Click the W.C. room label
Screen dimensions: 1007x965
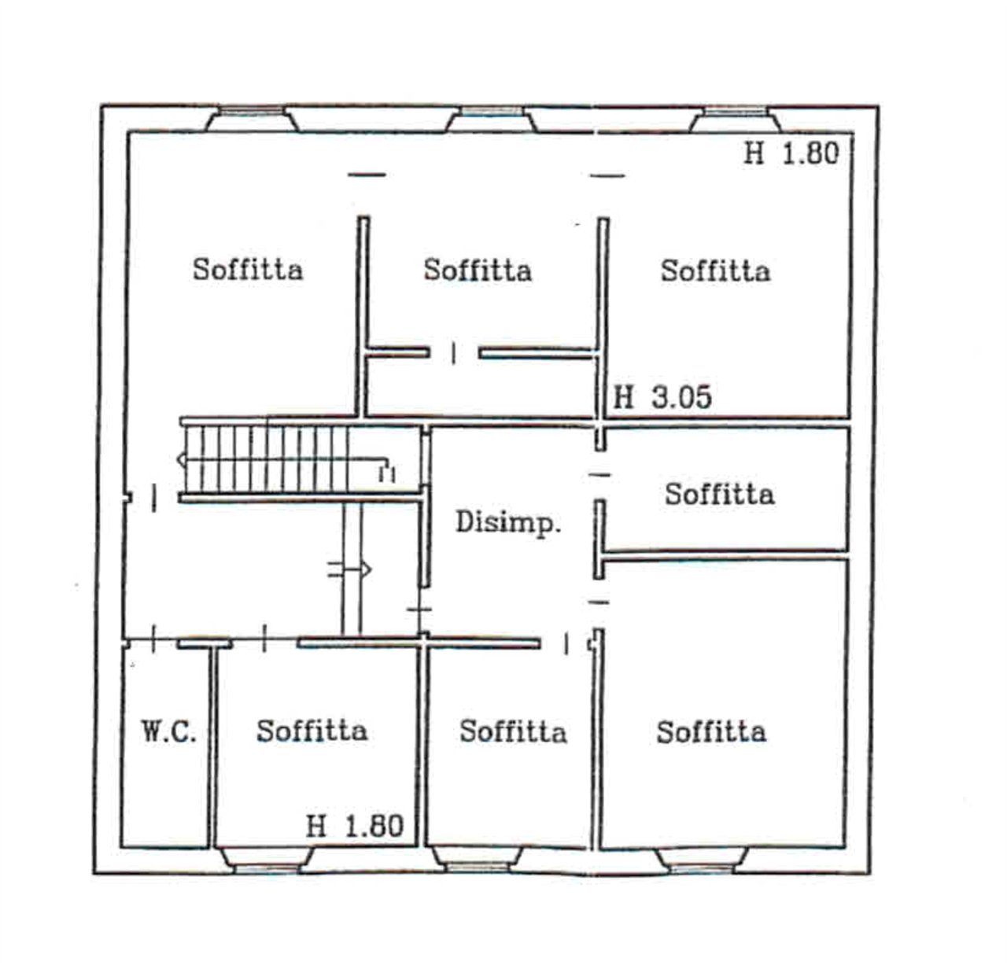click(x=168, y=731)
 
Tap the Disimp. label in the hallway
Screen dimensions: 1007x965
click(x=508, y=522)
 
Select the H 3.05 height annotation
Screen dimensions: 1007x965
click(x=662, y=397)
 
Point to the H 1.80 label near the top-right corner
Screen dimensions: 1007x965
click(x=791, y=153)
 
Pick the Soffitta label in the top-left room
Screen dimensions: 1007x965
click(x=247, y=269)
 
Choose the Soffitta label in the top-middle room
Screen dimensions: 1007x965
click(x=478, y=270)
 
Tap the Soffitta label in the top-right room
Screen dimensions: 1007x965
click(x=716, y=271)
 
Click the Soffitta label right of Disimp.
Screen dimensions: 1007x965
click(x=720, y=494)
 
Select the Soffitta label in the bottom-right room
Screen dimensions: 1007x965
click(x=711, y=731)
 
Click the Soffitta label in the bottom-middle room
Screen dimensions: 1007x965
click(x=513, y=731)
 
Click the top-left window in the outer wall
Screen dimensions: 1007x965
click(x=252, y=119)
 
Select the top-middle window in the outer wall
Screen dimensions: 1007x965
click(x=492, y=119)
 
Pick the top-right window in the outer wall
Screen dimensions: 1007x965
click(x=736, y=120)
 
